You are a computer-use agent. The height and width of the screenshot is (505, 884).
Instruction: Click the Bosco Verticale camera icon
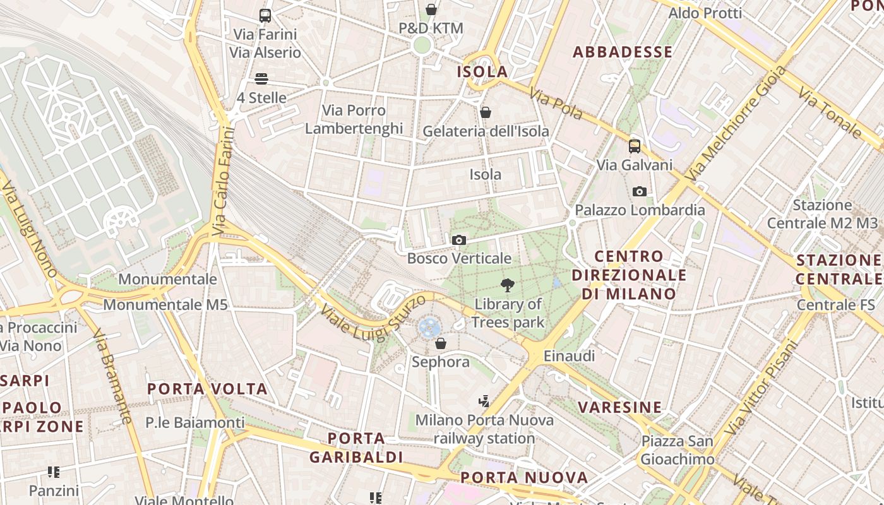[x=459, y=240]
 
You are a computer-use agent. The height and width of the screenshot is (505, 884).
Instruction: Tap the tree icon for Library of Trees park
[x=506, y=285]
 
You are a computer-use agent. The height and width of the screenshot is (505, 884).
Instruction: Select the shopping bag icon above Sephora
[x=441, y=343]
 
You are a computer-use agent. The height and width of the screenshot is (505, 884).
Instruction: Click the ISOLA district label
[x=482, y=71]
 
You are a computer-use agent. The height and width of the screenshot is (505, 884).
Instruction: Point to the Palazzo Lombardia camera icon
[x=639, y=191]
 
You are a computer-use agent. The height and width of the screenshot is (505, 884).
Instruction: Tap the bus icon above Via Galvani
[x=635, y=146]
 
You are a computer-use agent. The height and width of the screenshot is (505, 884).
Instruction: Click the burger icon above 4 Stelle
[x=261, y=79]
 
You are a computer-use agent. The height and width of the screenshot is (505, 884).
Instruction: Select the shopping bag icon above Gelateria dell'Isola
[x=486, y=112]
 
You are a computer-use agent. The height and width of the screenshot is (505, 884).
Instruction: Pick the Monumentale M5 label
[x=165, y=305]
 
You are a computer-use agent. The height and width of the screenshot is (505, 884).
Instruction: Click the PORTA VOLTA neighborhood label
[x=207, y=389]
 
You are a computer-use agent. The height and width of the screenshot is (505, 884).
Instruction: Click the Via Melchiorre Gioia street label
[x=738, y=123]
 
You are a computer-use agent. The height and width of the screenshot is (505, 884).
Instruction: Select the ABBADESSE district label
[x=623, y=52]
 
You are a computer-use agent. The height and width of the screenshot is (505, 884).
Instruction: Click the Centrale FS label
[x=835, y=305]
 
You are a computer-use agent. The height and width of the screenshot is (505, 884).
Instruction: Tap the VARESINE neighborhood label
[x=620, y=407]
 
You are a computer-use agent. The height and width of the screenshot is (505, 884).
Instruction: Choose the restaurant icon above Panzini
[x=54, y=472]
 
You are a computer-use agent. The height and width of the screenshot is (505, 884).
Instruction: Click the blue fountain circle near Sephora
[x=429, y=327]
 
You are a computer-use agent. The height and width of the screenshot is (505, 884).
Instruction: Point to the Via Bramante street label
[x=113, y=376]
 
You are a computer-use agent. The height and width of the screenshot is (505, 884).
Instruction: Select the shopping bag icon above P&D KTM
[x=431, y=9]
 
